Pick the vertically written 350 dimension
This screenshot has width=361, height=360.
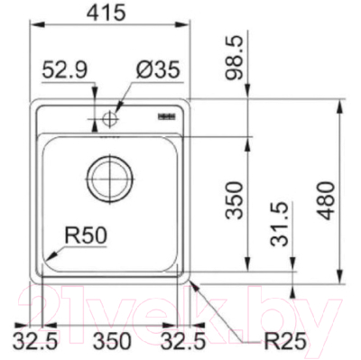tap(235, 200)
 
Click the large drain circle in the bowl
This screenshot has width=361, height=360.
tap(109, 175)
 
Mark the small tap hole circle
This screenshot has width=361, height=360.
tap(111, 116)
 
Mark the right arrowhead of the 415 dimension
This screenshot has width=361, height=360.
tap(187, 28)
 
